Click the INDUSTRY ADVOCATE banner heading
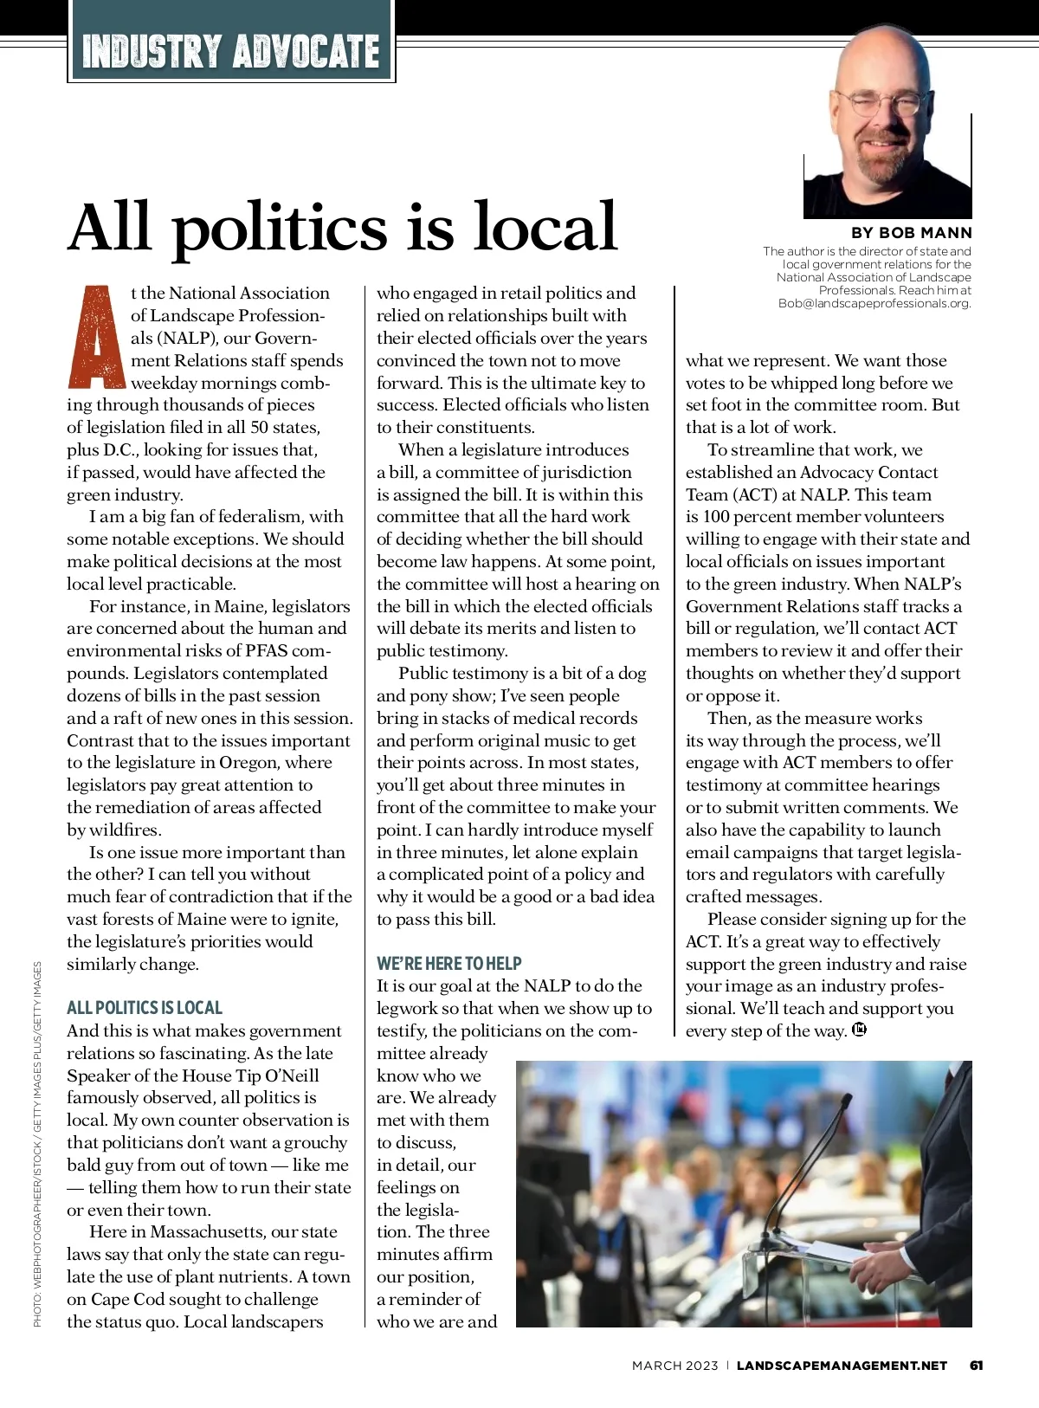[230, 51]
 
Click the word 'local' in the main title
[545, 227]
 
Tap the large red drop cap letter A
[97, 337]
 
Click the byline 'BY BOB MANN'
[912, 233]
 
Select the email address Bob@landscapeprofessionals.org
[874, 303]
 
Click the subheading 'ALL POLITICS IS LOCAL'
[145, 1008]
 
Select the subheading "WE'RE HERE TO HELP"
[449, 963]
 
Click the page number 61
[977, 1366]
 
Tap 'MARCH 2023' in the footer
[674, 1366]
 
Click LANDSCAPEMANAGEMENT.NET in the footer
[842, 1366]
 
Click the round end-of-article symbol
[859, 1030]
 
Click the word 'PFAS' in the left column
[266, 650]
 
